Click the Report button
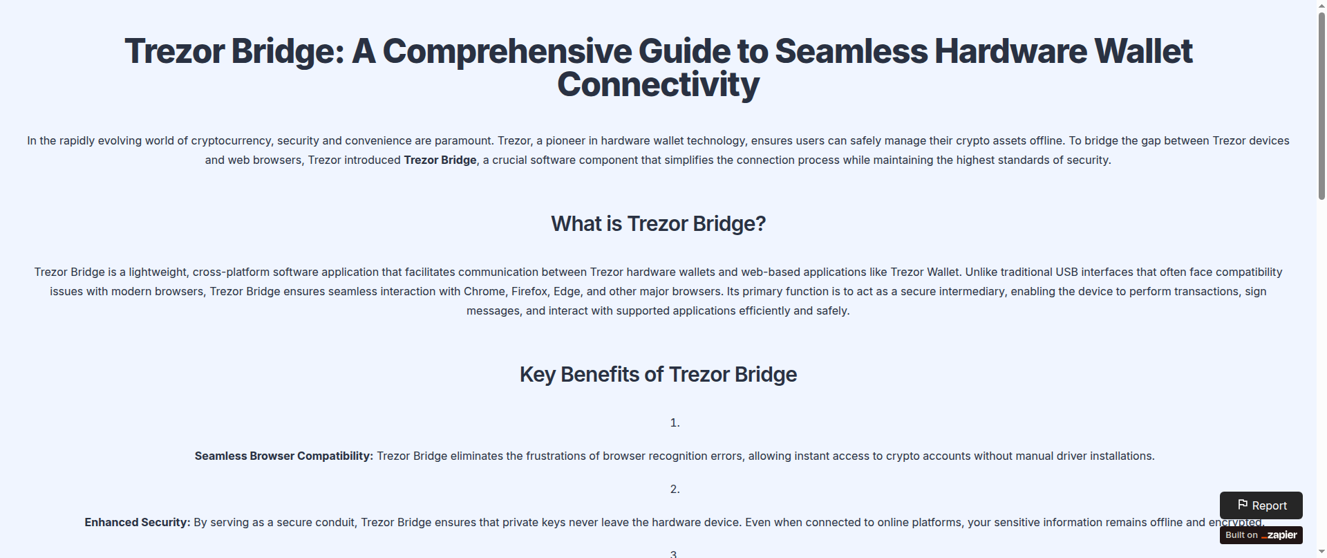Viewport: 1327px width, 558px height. (x=1261, y=505)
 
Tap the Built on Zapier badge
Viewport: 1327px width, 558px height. (x=1261, y=535)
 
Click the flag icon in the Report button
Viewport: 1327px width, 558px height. (x=1243, y=505)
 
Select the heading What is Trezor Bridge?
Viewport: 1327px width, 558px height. (x=658, y=224)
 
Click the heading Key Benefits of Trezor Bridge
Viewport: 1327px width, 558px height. (x=658, y=375)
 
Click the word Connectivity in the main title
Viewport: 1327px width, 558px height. (x=658, y=85)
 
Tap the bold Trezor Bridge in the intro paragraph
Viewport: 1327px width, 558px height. (x=440, y=160)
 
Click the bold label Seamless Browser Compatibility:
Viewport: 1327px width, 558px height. (x=284, y=456)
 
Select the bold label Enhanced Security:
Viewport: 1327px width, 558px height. (x=138, y=523)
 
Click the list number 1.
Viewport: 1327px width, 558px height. (x=675, y=423)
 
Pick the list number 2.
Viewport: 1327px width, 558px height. (x=675, y=490)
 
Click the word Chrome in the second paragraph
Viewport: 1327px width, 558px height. (x=484, y=292)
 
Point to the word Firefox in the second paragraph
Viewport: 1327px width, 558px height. (x=529, y=292)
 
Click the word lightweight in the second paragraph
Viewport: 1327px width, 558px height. (x=158, y=272)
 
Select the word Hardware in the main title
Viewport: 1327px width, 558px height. (x=1010, y=52)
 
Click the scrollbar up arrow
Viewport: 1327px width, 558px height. (x=1321, y=5)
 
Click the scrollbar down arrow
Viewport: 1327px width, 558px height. (x=1321, y=552)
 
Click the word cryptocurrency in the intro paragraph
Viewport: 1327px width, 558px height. (x=231, y=141)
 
